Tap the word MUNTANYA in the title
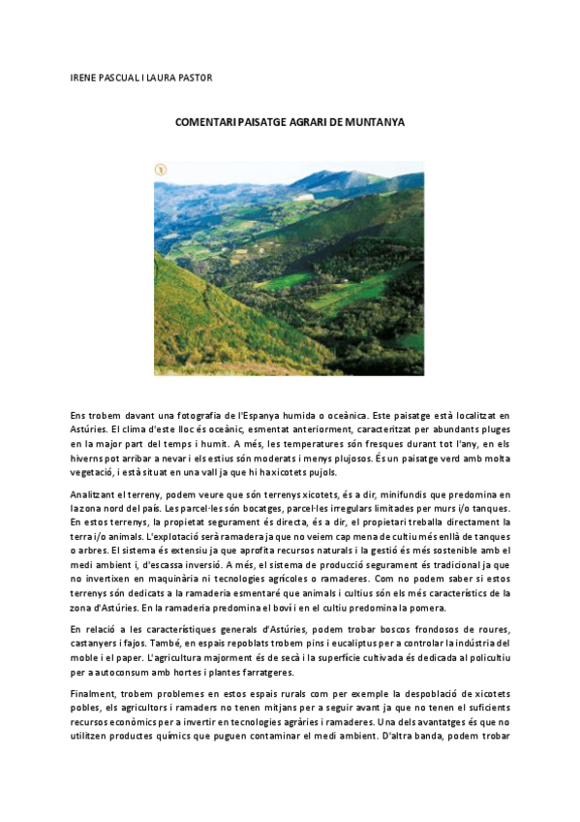[372, 123]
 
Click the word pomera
[426, 607]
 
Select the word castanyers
[97, 643]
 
